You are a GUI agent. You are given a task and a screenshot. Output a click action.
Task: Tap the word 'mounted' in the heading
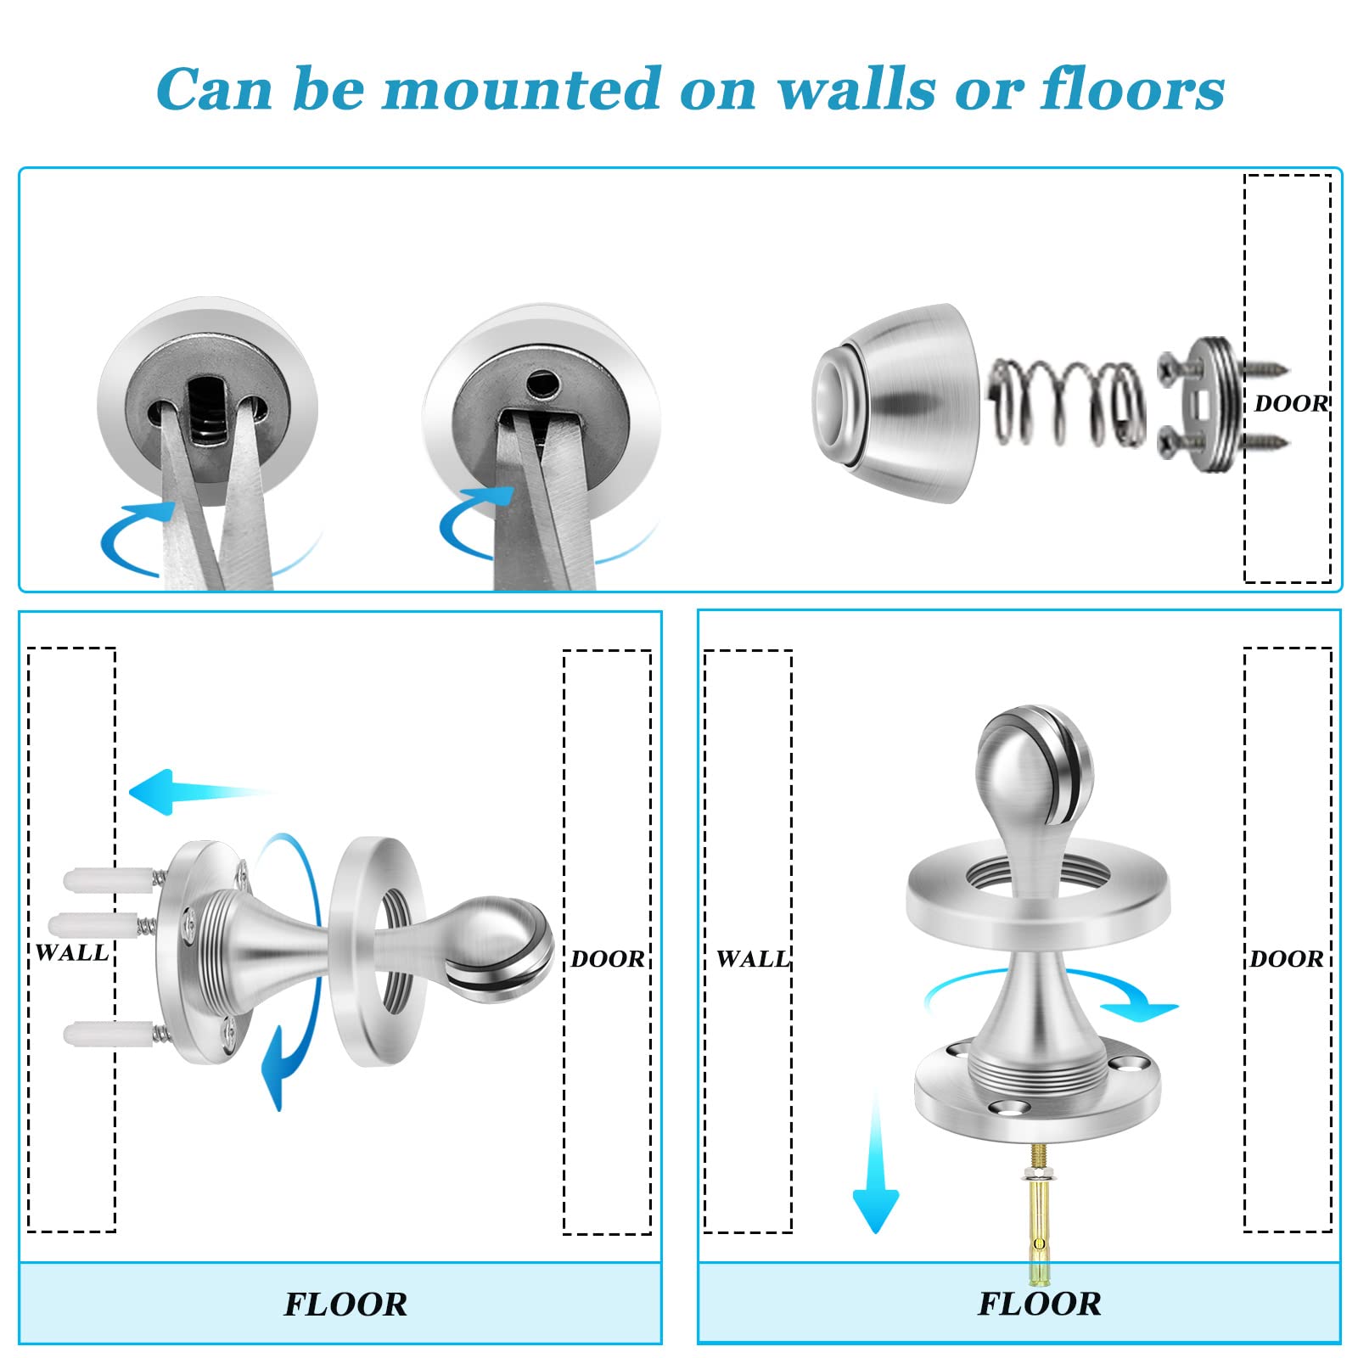pos(522,88)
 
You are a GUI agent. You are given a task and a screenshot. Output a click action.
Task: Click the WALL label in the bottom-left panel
pos(73,952)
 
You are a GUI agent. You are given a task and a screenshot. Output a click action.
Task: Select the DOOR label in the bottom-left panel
pos(608,959)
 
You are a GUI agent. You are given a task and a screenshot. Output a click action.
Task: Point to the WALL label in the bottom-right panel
pos(753,959)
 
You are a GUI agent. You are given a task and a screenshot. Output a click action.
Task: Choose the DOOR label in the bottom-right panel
pos(1287,959)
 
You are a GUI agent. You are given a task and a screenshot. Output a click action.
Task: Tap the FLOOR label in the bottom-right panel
pos(1040,1304)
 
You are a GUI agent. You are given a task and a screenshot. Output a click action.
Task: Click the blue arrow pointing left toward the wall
pos(199,793)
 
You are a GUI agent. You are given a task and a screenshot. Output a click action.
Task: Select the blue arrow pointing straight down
pos(875,1163)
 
